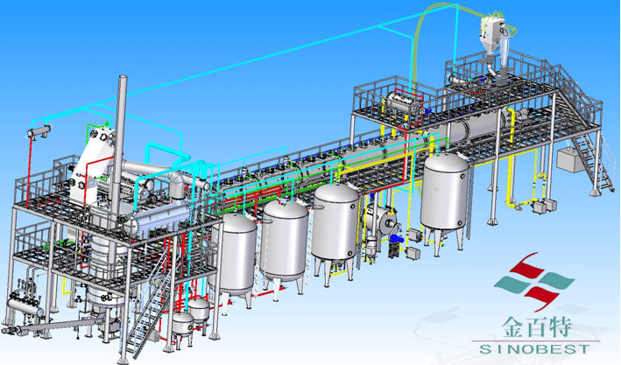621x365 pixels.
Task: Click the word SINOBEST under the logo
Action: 535,348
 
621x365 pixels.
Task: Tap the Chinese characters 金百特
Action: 538,327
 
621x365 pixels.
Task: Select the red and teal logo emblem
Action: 533,282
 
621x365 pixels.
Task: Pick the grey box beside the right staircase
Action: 571,159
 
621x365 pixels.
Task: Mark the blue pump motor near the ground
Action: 396,239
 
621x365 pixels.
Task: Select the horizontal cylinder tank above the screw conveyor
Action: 25,307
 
